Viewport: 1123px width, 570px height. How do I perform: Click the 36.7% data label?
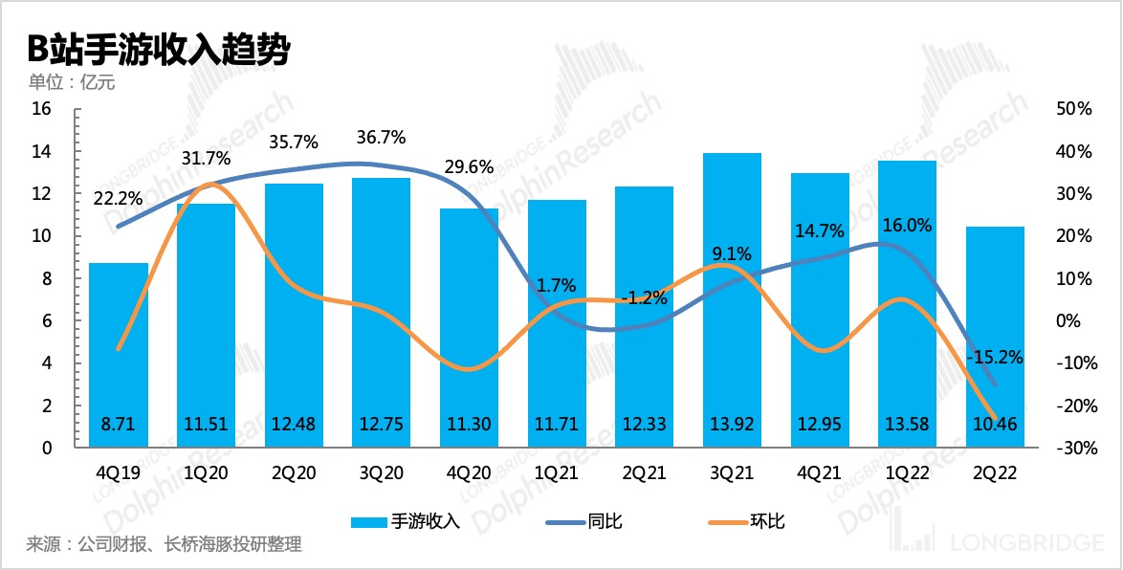(x=381, y=138)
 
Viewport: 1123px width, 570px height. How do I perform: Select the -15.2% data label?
(x=995, y=358)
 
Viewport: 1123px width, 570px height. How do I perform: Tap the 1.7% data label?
(x=557, y=284)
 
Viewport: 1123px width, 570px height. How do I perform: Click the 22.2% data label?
(x=118, y=199)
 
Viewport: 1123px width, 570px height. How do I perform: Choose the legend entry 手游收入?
(x=407, y=521)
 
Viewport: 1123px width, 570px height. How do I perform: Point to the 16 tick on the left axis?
(x=41, y=109)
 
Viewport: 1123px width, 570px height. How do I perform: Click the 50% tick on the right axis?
(x=1071, y=109)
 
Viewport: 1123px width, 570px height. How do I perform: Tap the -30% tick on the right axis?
(x=1071, y=448)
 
